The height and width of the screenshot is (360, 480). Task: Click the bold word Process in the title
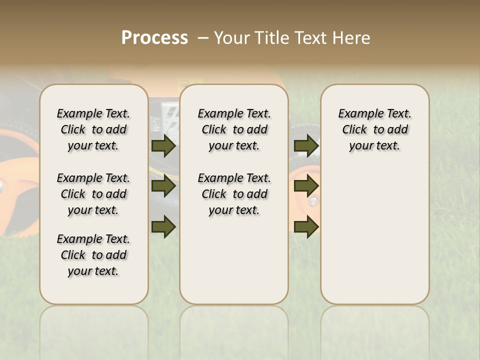pos(154,37)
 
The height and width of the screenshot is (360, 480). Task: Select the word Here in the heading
pos(352,37)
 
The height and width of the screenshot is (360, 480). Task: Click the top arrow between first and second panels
pos(163,145)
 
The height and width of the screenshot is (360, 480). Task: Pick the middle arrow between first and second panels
pos(163,186)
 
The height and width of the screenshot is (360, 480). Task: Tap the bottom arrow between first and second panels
pos(163,226)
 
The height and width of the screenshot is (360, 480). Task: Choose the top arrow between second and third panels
pos(306,145)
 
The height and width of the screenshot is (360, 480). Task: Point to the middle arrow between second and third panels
pos(306,186)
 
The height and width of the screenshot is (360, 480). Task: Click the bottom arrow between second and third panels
pos(306,226)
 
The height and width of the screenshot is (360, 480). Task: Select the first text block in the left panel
pos(93,129)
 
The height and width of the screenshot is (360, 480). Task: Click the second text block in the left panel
pos(93,194)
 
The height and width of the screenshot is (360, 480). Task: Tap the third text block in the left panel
pos(93,255)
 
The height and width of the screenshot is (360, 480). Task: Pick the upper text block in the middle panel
pos(234,129)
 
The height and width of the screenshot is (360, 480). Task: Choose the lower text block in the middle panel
pos(234,194)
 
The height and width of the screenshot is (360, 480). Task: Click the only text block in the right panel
pos(374,129)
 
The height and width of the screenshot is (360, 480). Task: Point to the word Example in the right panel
pos(356,113)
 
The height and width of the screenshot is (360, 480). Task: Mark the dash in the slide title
pos(203,37)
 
